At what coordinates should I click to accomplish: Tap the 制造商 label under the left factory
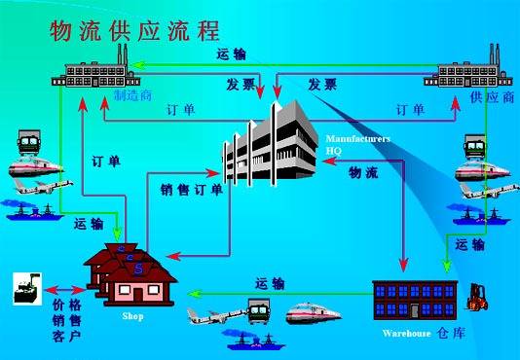[x=131, y=96]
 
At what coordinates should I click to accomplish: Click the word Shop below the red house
[x=132, y=316]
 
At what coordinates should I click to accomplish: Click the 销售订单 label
[x=191, y=190]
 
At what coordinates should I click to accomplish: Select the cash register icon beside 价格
[x=24, y=287]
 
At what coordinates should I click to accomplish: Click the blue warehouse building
[x=414, y=297]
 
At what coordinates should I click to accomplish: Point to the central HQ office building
[x=268, y=146]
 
